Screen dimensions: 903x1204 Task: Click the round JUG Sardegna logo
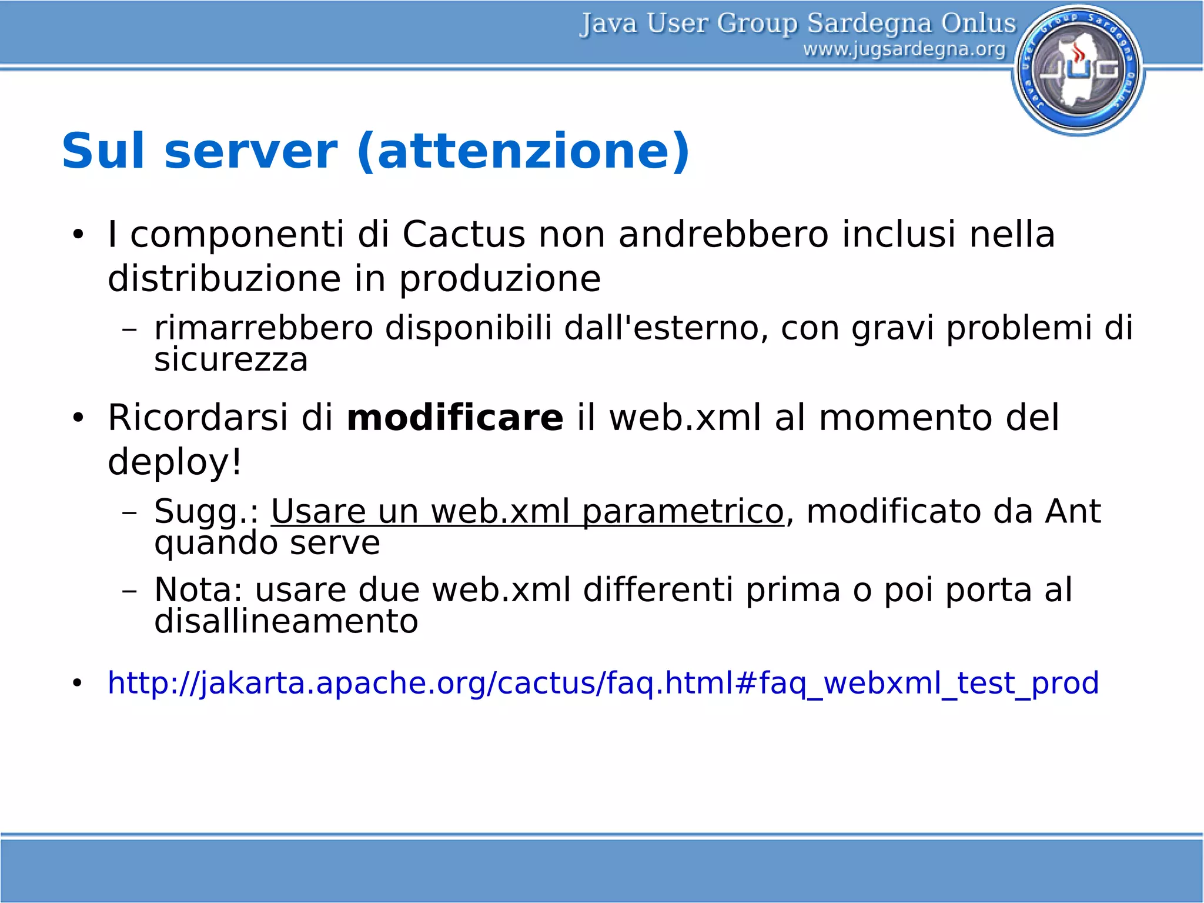(x=1078, y=69)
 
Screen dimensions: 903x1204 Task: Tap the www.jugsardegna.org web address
(x=904, y=49)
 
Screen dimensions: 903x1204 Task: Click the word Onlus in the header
(x=978, y=24)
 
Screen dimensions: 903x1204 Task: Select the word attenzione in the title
(x=523, y=151)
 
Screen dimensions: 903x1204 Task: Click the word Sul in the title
(x=102, y=151)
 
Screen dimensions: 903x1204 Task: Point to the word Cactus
(x=463, y=234)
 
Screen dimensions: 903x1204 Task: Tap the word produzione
(x=500, y=279)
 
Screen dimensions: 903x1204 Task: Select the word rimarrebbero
(x=263, y=328)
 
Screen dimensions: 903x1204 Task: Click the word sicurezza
(x=231, y=360)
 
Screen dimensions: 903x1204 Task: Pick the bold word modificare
(x=455, y=418)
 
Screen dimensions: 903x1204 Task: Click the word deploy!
(x=175, y=462)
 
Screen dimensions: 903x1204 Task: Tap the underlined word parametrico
(x=683, y=512)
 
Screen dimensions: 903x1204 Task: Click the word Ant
(x=1072, y=511)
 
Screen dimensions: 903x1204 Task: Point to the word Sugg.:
(x=206, y=512)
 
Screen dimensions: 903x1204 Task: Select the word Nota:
(x=198, y=589)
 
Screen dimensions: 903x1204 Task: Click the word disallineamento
(x=286, y=621)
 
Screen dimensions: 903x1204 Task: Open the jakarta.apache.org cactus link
(x=603, y=683)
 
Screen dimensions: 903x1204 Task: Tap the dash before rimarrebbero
(x=129, y=329)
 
